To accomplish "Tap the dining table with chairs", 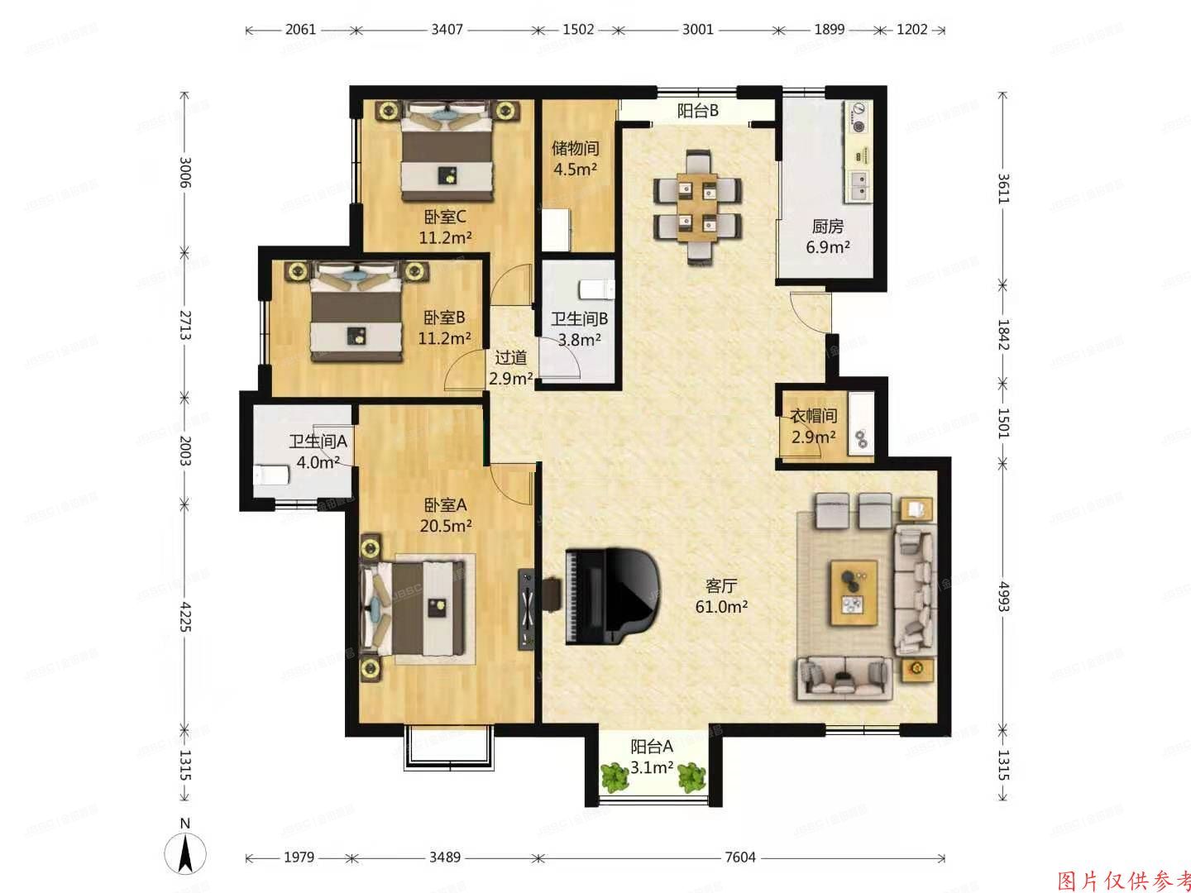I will (697, 207).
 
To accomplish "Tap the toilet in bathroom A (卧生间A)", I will (270, 475).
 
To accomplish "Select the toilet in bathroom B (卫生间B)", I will (596, 289).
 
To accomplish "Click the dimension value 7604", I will (739, 857).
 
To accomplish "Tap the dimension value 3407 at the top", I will (447, 29).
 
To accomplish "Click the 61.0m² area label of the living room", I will (721, 606).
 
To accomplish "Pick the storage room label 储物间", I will (575, 149).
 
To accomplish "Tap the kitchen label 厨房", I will (827, 227).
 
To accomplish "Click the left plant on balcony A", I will (614, 776).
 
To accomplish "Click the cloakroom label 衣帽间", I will (813, 417).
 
